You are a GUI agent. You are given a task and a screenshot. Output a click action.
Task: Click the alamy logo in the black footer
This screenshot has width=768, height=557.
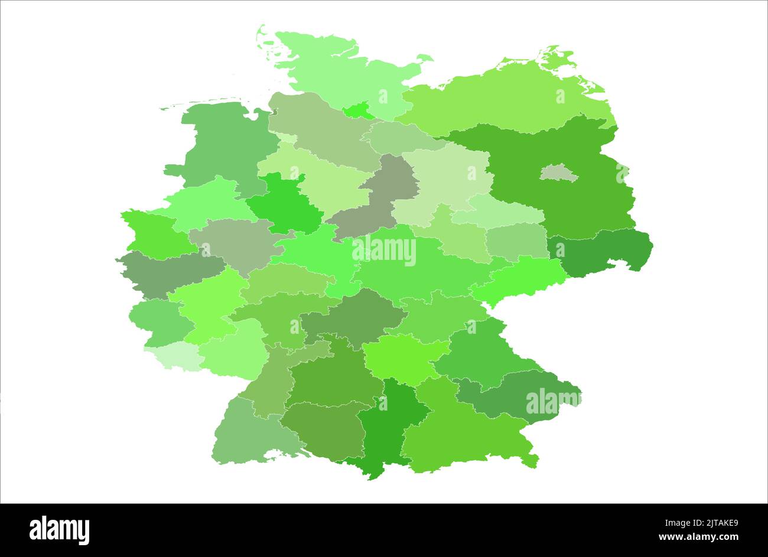pyautogui.click(x=59, y=530)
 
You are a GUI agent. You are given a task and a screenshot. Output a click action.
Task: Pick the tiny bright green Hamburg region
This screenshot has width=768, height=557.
pyautogui.click(x=358, y=110)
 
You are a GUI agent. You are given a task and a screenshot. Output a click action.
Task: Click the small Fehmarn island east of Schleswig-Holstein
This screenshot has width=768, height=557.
pyautogui.click(x=424, y=58)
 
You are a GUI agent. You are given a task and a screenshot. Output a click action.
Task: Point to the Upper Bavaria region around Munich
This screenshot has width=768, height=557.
pyautogui.click(x=461, y=431)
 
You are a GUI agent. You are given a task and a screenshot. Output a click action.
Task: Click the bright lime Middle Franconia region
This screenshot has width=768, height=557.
pyautogui.click(x=402, y=357)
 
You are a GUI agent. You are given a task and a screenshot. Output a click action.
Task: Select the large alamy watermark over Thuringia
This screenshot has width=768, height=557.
pyautogui.click(x=384, y=252)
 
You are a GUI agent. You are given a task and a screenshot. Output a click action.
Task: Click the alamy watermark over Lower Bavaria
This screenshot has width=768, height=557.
pyautogui.click(x=553, y=402)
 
